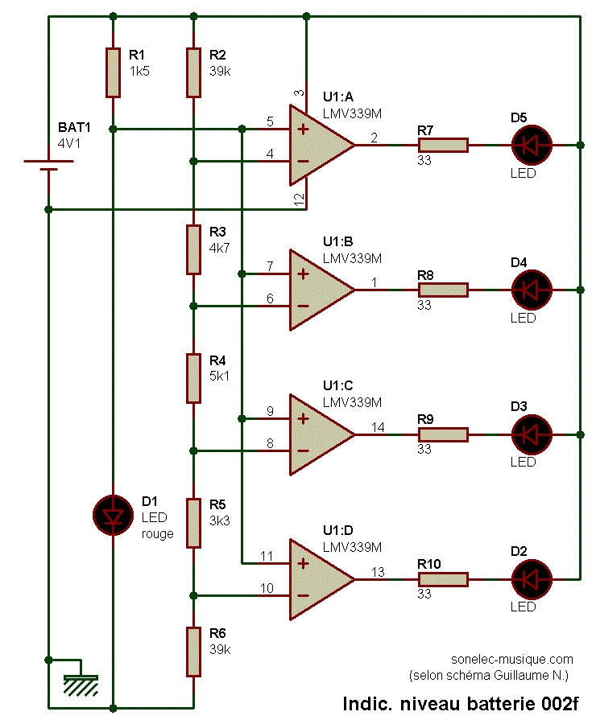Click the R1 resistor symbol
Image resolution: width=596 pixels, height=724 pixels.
[x=113, y=72]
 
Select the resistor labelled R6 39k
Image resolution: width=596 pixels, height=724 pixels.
[x=193, y=652]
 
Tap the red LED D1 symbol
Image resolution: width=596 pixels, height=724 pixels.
[x=113, y=515]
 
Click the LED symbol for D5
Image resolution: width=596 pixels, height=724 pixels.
[x=532, y=145]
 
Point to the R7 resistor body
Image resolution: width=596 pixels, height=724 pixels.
[x=442, y=145]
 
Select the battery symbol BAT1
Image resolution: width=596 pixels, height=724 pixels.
[x=49, y=165]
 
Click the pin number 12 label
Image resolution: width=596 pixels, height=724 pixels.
[x=299, y=198]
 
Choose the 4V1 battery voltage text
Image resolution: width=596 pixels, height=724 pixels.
[x=69, y=144]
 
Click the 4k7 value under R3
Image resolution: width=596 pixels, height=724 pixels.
[x=219, y=248]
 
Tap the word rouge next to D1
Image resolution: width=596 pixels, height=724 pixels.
[x=157, y=533]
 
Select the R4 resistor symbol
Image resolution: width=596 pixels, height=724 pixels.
[x=193, y=378]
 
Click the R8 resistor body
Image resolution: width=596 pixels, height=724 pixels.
[x=442, y=290]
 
